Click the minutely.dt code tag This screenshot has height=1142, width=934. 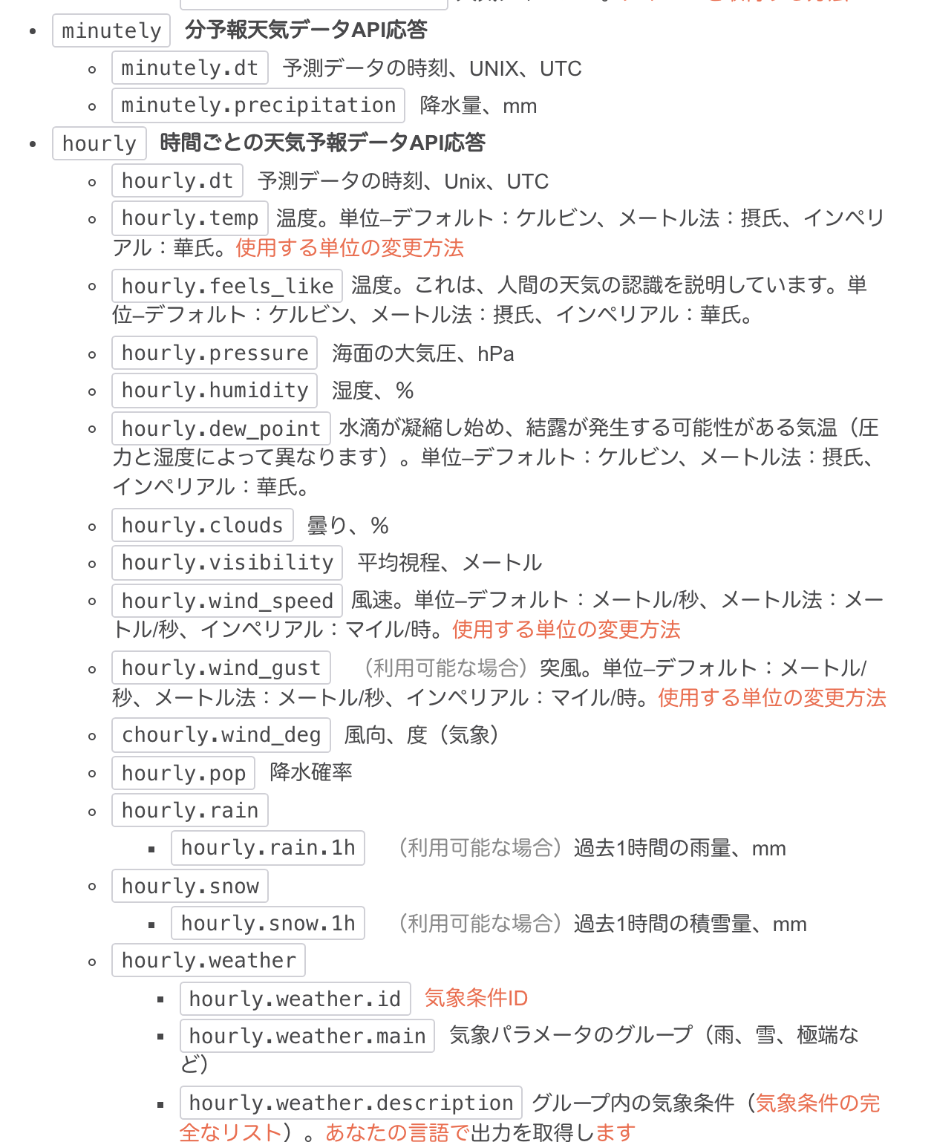pos(189,68)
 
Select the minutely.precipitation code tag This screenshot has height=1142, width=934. pos(258,105)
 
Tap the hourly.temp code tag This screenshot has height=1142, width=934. pos(189,218)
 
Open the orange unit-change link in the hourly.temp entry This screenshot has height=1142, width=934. pos(350,248)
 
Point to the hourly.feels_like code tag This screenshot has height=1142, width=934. pos(227,286)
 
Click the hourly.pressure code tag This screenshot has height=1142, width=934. pos(215,353)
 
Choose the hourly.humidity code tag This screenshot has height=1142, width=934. pos(215,391)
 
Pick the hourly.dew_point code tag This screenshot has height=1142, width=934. pos(221,428)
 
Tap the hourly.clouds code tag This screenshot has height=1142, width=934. pos(202,526)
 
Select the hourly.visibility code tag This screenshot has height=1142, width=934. pos(227,563)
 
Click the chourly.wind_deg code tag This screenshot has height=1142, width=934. pos(221,735)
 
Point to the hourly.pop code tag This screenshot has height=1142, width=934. pos(183,773)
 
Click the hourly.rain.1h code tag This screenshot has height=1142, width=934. pos(268,848)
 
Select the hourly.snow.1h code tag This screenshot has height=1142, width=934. pos(268,924)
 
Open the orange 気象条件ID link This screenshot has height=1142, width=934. pos(476,998)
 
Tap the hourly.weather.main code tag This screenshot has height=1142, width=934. pos(307,1036)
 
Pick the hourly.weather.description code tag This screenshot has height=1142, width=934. pos(350,1103)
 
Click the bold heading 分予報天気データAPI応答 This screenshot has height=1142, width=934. pos(306,30)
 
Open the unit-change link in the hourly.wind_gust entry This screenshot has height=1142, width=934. pos(772,698)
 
